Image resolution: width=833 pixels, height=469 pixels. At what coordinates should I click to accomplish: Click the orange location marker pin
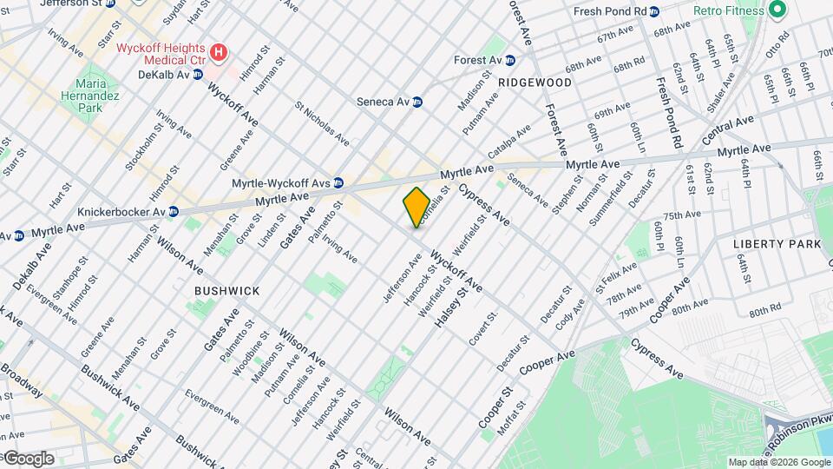[x=416, y=207]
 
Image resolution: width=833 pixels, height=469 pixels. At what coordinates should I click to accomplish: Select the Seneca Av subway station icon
[x=417, y=102]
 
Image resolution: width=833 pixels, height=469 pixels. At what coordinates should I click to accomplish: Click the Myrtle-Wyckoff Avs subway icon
[x=338, y=183]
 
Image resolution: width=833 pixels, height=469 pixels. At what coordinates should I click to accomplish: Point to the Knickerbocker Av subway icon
[x=174, y=211]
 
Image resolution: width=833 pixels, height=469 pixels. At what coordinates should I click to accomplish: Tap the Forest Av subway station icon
[x=510, y=60]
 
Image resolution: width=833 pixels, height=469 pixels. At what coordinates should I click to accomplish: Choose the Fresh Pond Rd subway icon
[x=654, y=11]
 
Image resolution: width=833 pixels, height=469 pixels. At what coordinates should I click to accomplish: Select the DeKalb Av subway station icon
[x=197, y=75]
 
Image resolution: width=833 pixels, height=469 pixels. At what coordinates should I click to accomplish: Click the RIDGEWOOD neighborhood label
[x=535, y=83]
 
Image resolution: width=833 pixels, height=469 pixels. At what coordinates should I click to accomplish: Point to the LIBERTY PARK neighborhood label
[x=777, y=244]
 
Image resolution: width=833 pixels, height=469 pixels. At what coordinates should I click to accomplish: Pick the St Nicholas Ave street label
[x=322, y=126]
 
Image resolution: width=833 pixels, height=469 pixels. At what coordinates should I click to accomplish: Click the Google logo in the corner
[x=28, y=459]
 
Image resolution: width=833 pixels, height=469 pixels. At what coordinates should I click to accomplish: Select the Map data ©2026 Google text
[x=778, y=462]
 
